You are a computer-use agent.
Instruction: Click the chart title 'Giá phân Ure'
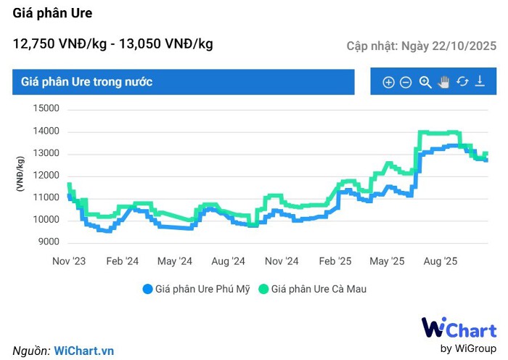click(53, 13)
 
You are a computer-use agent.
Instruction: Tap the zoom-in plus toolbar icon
click(388, 82)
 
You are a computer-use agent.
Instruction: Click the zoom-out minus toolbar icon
click(406, 82)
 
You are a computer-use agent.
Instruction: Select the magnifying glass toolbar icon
click(425, 82)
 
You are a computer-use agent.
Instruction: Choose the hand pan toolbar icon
click(444, 81)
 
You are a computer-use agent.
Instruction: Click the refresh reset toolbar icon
click(462, 81)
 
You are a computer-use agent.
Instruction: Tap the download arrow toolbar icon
click(480, 81)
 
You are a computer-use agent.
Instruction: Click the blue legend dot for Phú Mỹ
click(149, 289)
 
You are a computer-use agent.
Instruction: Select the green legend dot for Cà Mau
click(265, 289)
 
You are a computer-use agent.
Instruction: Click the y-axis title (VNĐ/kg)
click(21, 175)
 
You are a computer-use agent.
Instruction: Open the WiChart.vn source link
click(84, 351)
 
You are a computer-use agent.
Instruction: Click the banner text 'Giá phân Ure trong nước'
click(87, 82)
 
